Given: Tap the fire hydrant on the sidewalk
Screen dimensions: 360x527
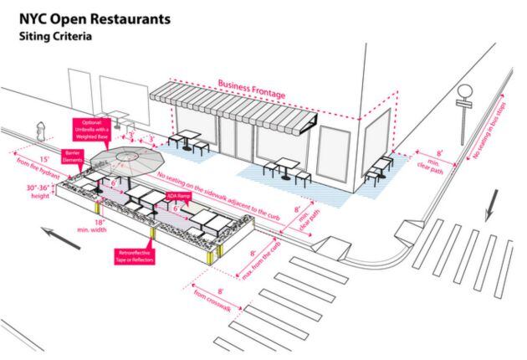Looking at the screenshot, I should click(x=38, y=131).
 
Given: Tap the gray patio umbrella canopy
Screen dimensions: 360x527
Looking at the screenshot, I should click(x=125, y=157).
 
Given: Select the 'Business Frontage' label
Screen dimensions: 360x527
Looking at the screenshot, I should click(x=248, y=85).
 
